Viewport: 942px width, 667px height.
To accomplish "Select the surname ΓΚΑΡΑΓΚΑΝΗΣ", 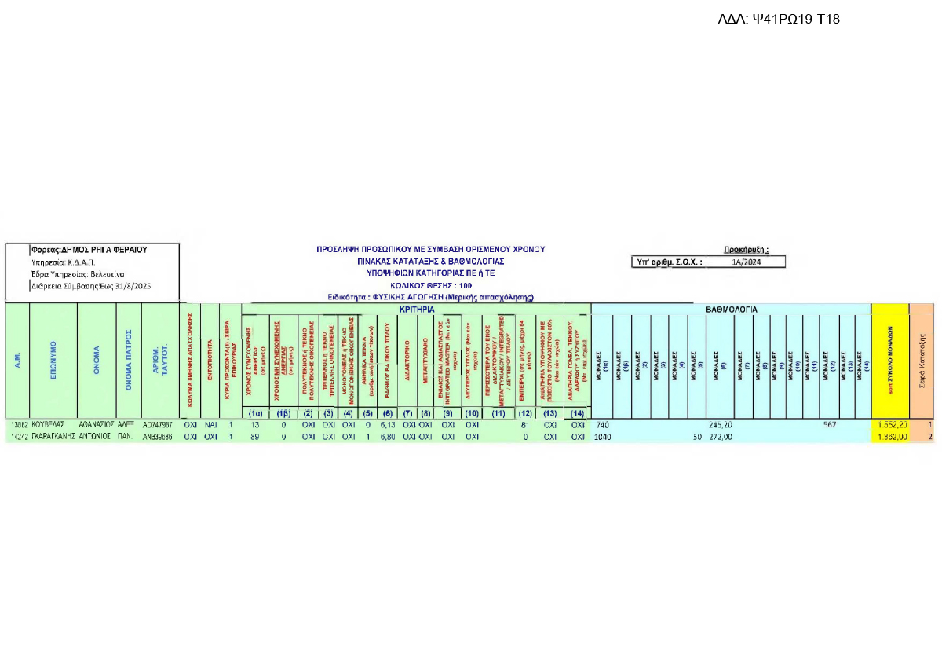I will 53,437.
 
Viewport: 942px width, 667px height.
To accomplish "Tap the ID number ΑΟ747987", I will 157,425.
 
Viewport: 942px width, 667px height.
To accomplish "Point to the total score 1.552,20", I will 893,425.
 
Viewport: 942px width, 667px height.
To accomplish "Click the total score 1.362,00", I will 893,437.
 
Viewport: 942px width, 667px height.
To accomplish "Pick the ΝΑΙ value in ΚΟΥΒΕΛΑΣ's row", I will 210,425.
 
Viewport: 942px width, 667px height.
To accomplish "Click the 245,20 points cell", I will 720,425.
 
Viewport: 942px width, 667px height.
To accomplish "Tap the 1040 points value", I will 603,437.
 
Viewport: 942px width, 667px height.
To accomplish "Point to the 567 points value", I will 830,425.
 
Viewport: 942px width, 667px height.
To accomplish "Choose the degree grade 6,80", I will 386,437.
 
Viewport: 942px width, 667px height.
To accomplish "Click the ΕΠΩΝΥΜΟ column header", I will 53,360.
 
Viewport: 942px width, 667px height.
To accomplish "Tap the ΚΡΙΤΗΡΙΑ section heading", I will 416,310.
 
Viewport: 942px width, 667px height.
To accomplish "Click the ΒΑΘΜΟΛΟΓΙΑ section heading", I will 731,310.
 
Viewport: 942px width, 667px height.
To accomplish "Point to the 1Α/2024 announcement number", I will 745,262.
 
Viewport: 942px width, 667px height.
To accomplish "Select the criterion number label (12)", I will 525,413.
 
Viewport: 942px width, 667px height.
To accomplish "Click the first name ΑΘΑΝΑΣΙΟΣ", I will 97,425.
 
